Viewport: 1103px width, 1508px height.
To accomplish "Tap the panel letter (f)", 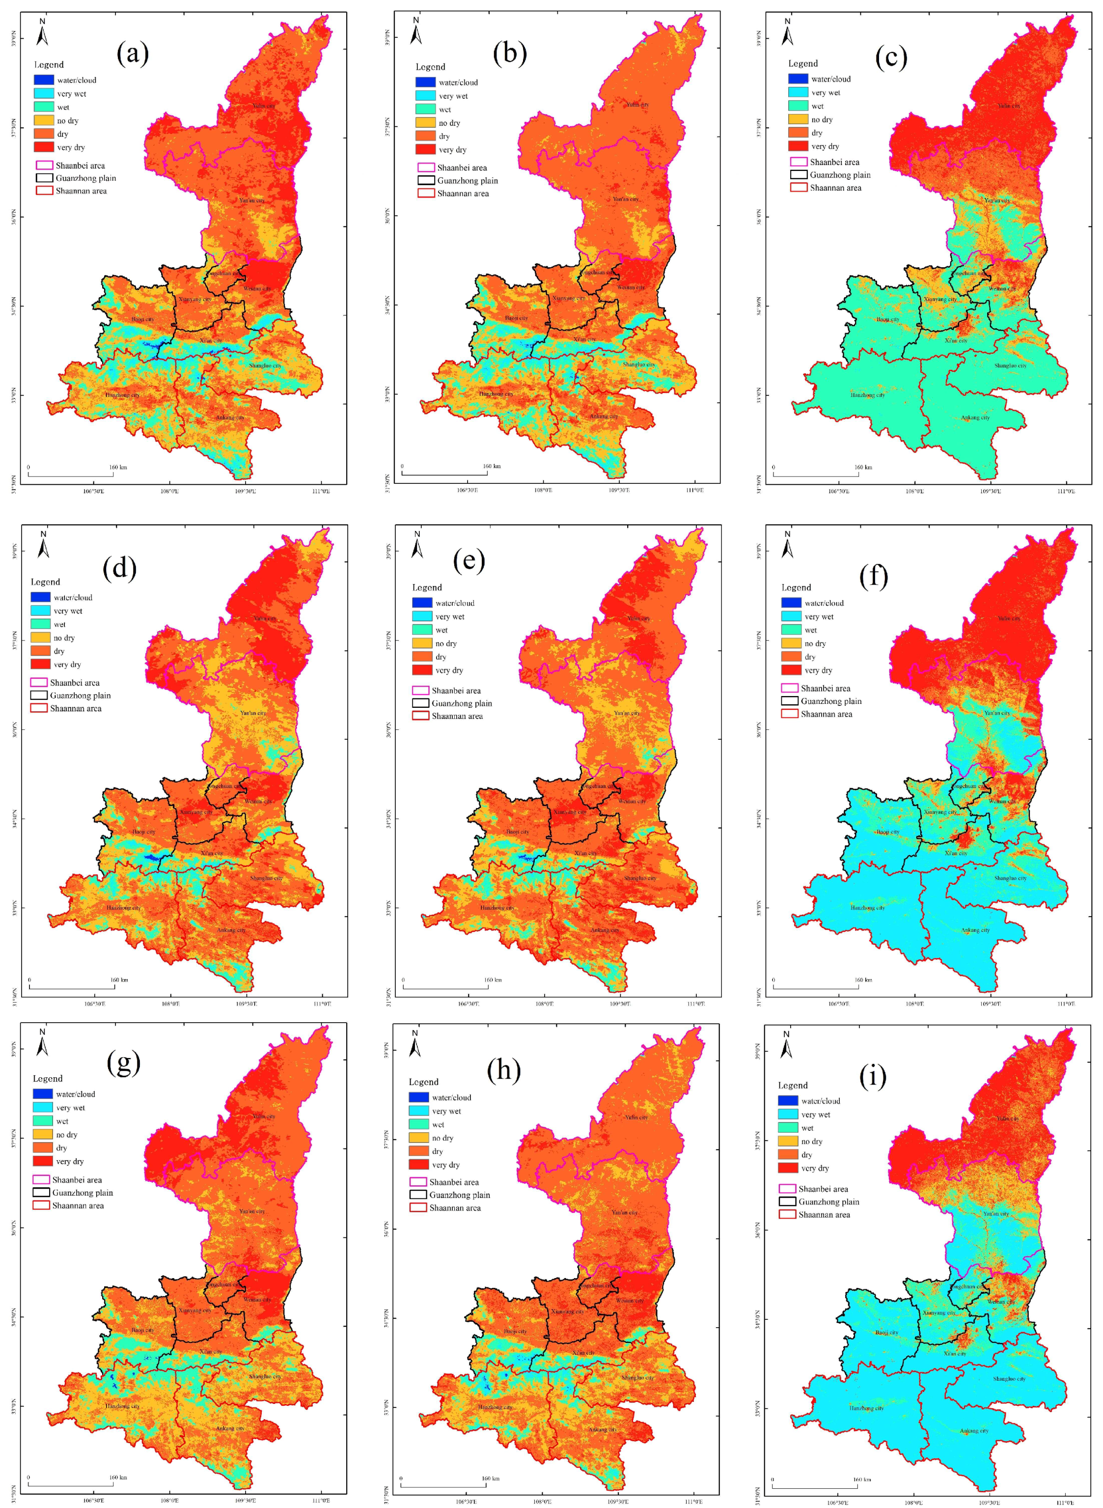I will click(x=874, y=576).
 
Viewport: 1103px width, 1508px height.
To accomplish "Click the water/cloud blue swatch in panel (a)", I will click(x=43, y=80).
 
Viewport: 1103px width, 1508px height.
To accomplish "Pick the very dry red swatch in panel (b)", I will click(x=425, y=150).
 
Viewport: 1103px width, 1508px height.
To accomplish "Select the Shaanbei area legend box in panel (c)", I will click(x=799, y=162).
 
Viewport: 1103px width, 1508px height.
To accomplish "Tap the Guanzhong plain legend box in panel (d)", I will click(x=39, y=695).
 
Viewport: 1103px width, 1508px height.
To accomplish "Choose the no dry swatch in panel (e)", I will click(x=422, y=643).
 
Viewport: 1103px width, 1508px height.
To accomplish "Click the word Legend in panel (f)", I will click(x=796, y=587).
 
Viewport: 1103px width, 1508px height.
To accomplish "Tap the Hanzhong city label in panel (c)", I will click(x=867, y=395).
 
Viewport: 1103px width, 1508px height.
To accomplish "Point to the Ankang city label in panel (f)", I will click(x=975, y=930).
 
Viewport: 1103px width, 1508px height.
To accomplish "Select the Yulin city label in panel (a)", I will click(x=264, y=106).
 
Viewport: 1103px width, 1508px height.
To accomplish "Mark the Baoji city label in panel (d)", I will click(x=143, y=832).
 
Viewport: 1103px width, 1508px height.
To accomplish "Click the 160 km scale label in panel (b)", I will click(x=492, y=466).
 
